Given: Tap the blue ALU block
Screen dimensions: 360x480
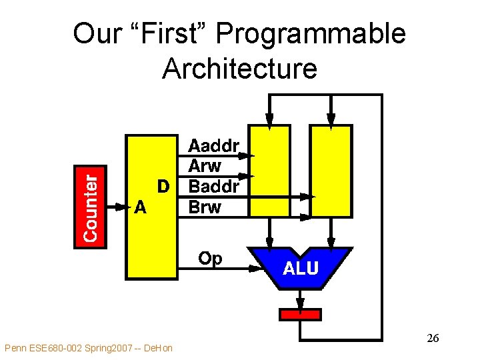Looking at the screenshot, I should point(301,268).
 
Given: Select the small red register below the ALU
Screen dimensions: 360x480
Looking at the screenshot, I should point(300,314).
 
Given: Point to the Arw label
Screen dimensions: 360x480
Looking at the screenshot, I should point(205,166).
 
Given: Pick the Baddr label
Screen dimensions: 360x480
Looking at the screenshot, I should point(214,186).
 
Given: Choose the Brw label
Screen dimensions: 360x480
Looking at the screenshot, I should point(205,207).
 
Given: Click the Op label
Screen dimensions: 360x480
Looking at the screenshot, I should point(210,258).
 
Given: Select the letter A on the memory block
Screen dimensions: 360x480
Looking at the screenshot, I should point(140,207).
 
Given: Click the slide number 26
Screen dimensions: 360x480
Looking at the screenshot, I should point(432,339).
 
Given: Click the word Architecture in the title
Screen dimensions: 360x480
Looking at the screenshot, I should point(239,68).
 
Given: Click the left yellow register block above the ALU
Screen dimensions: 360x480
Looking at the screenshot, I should point(269,171).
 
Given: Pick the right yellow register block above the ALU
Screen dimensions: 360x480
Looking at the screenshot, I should point(331,171).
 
